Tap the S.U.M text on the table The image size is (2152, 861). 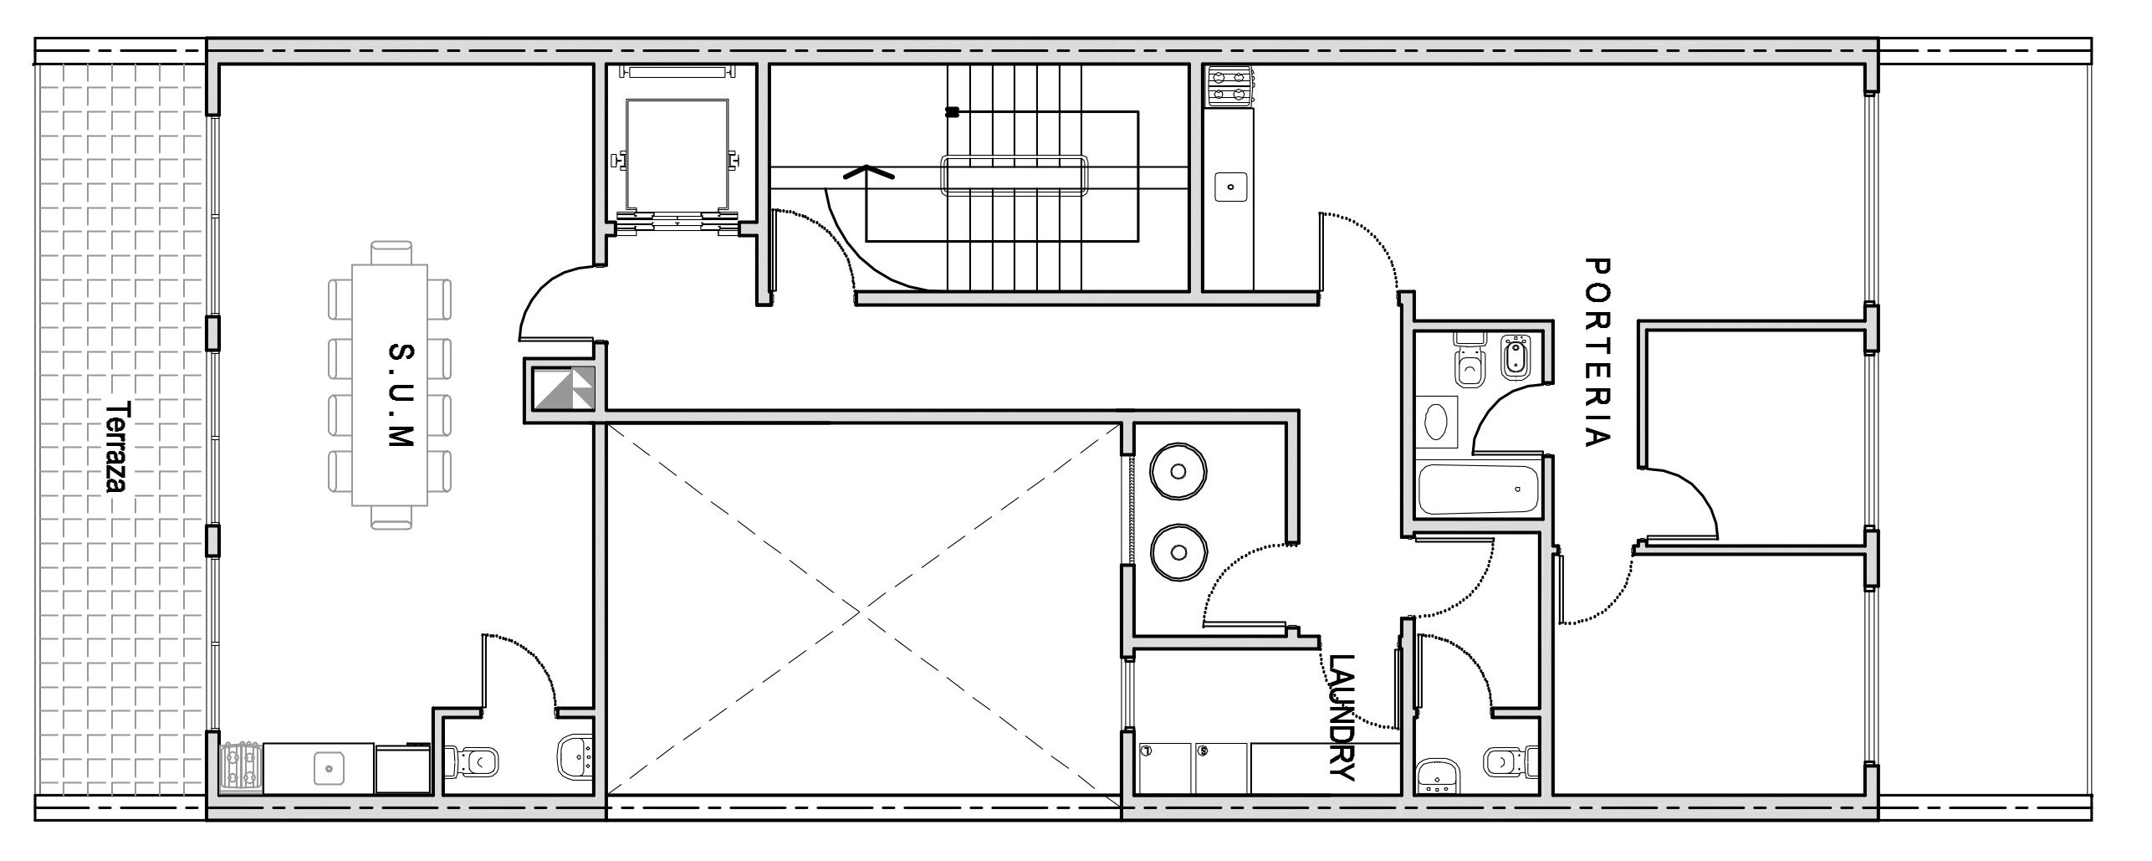[x=401, y=395]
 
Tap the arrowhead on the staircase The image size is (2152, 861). [x=867, y=173]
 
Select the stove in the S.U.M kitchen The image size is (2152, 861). [x=241, y=767]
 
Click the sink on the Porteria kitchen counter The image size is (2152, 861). [x=1230, y=186]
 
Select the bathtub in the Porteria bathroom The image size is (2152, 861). [x=1479, y=490]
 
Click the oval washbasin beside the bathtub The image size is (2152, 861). [x=1439, y=423]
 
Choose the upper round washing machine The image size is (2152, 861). [x=1178, y=472]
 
